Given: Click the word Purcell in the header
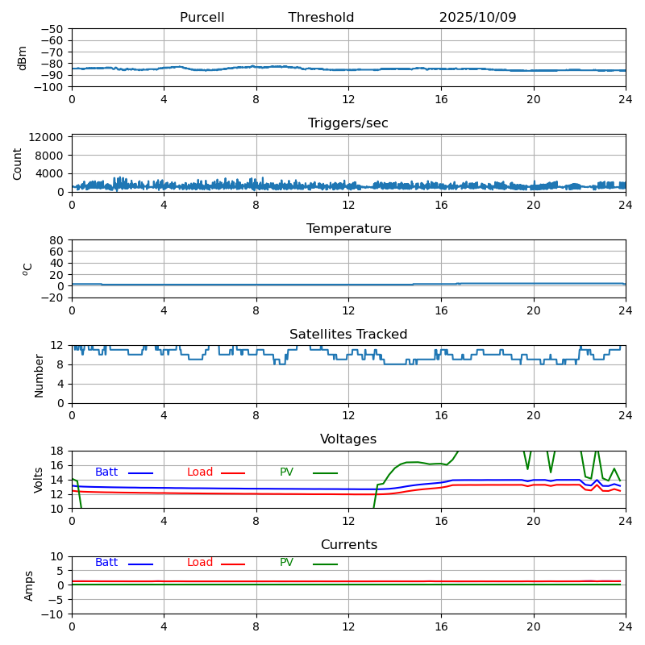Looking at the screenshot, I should pos(202,18).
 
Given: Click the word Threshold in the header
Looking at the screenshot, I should pos(321,18).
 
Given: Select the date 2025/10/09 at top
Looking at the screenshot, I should pos(477,18).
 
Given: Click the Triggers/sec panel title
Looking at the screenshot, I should pos(347,123).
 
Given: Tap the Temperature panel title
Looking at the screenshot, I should pos(348,229).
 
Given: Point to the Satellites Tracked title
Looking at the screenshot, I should pos(348,335).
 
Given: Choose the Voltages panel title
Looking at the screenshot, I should pos(348,439).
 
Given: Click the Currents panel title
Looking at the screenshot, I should pos(348,545).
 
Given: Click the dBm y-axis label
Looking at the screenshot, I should pos(23,57).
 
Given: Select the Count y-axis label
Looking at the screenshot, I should pos(18,163).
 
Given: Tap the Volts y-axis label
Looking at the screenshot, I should pos(39,479).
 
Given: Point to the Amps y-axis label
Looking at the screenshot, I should pos(29,585).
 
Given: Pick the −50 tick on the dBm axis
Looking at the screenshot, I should pos(53,29).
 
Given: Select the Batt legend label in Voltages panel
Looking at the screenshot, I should pos(106,472).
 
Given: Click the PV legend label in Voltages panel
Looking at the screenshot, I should pos(287,472).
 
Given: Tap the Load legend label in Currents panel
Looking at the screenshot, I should pos(200,563).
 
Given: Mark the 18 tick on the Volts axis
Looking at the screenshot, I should pos(58,451).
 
